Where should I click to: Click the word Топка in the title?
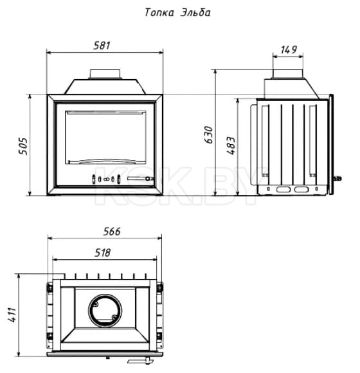(159, 12)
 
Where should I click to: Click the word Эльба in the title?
(195, 12)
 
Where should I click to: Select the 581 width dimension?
(102, 46)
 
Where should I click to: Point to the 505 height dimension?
(23, 146)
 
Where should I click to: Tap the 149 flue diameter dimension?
(289, 50)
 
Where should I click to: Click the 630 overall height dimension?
(209, 135)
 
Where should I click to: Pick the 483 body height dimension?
(231, 145)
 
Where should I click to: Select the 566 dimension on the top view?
(112, 232)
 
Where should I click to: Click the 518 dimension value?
(103, 253)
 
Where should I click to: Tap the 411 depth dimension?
(12, 314)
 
